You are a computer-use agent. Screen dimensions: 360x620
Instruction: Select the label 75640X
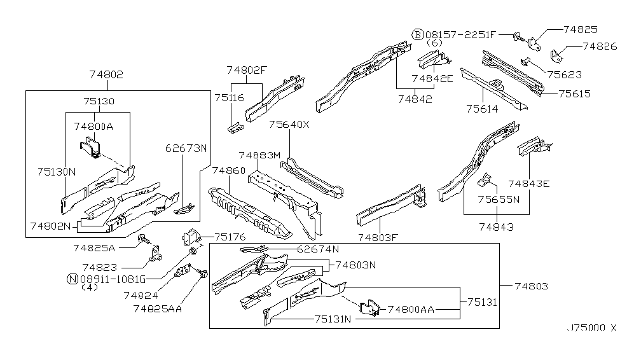(x=289, y=125)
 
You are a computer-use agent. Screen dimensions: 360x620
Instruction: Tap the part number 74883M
(x=259, y=155)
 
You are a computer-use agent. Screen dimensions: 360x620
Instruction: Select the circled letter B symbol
(x=418, y=34)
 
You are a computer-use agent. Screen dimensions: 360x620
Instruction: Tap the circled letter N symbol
(x=72, y=278)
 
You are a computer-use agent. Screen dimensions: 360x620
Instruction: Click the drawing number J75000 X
(x=591, y=328)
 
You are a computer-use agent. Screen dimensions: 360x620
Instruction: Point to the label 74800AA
(x=411, y=309)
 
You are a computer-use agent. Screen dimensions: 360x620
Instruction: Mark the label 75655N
(x=498, y=198)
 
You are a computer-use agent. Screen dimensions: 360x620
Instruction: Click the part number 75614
(x=481, y=109)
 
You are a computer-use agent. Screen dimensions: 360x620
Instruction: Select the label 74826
(x=600, y=46)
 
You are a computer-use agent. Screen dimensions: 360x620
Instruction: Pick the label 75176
(x=230, y=237)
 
